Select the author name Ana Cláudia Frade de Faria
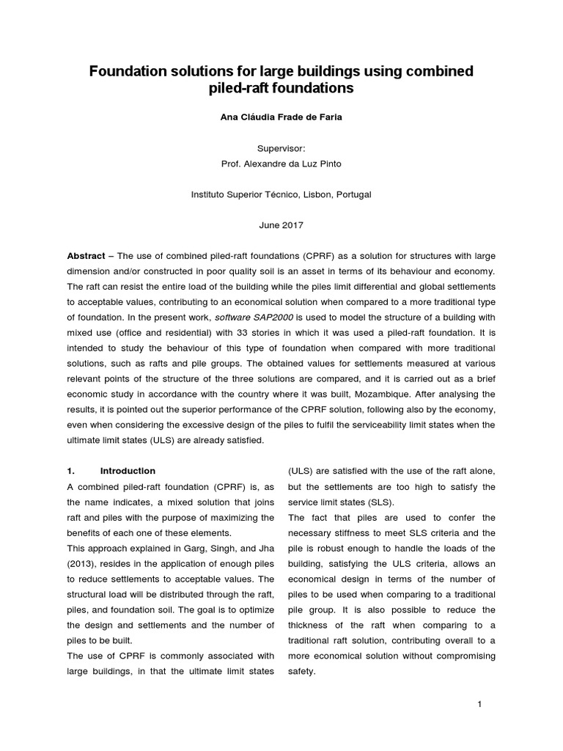281,117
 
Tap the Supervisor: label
281,148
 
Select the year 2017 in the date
292,225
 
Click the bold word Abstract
86,256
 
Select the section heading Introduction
128,471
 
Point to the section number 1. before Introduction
71,471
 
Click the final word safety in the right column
301,671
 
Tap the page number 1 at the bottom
479,705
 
